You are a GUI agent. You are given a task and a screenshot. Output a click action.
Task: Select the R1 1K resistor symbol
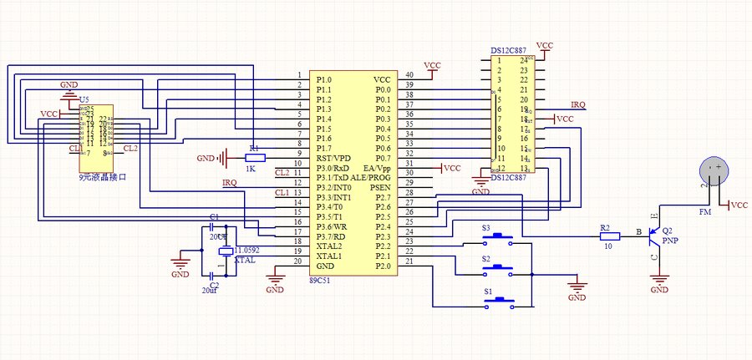tap(256, 157)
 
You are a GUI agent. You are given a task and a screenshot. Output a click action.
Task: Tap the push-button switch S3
tap(500, 236)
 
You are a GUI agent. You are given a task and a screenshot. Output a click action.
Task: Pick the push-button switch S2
tap(500, 267)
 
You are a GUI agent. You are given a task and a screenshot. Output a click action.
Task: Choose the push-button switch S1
tap(500, 298)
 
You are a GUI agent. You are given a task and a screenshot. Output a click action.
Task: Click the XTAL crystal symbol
tap(225, 251)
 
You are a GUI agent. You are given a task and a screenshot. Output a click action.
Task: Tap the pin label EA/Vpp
tap(376, 168)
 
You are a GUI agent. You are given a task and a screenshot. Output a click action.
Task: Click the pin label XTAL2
tap(329, 246)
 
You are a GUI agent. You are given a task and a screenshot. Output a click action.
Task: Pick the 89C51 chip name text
tap(322, 281)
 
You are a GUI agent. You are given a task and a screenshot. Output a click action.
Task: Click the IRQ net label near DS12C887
tap(578, 104)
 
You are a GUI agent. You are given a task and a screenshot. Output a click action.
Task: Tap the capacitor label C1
tap(214, 217)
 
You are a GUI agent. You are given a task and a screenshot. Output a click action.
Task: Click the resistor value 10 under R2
tap(607, 247)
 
